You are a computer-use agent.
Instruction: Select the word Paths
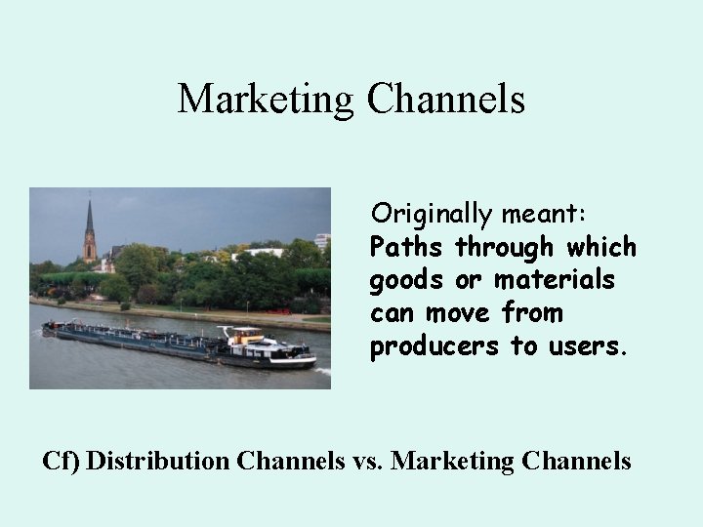[407, 247]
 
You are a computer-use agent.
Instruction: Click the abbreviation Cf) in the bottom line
[62, 460]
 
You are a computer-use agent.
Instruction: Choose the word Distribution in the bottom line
[158, 460]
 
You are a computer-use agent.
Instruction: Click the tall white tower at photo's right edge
[322, 240]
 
